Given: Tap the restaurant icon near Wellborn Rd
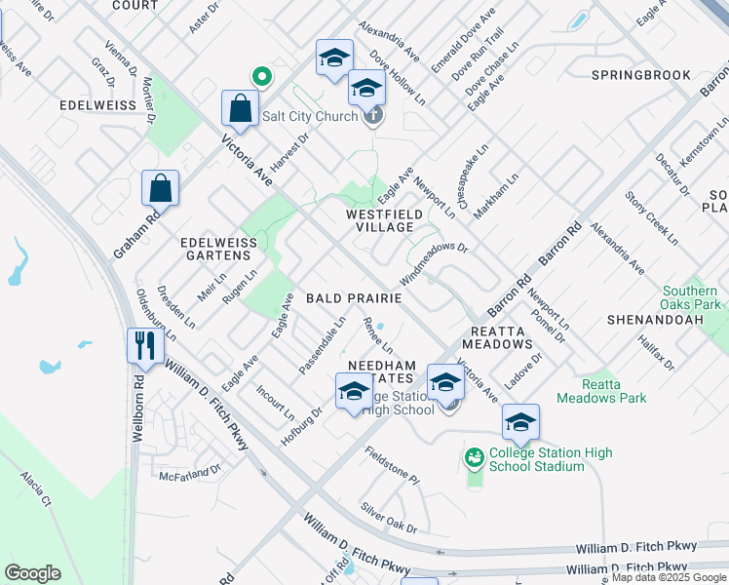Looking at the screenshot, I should pos(144,345).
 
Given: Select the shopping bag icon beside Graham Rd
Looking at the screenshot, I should pos(160,188).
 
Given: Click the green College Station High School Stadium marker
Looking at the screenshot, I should pos(475,456).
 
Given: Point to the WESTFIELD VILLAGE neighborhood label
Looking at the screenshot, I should pos(379,220).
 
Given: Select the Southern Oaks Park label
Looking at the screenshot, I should pos(692,297).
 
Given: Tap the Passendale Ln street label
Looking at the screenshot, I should pos(323,343).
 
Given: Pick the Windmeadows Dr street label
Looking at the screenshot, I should pos(434,262).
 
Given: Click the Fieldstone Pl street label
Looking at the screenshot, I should pos(392,466).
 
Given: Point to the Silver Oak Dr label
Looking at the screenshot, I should pos(388,518).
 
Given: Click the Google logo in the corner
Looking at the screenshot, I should pos(32,573).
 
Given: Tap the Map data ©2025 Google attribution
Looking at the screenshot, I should pos(669,578).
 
